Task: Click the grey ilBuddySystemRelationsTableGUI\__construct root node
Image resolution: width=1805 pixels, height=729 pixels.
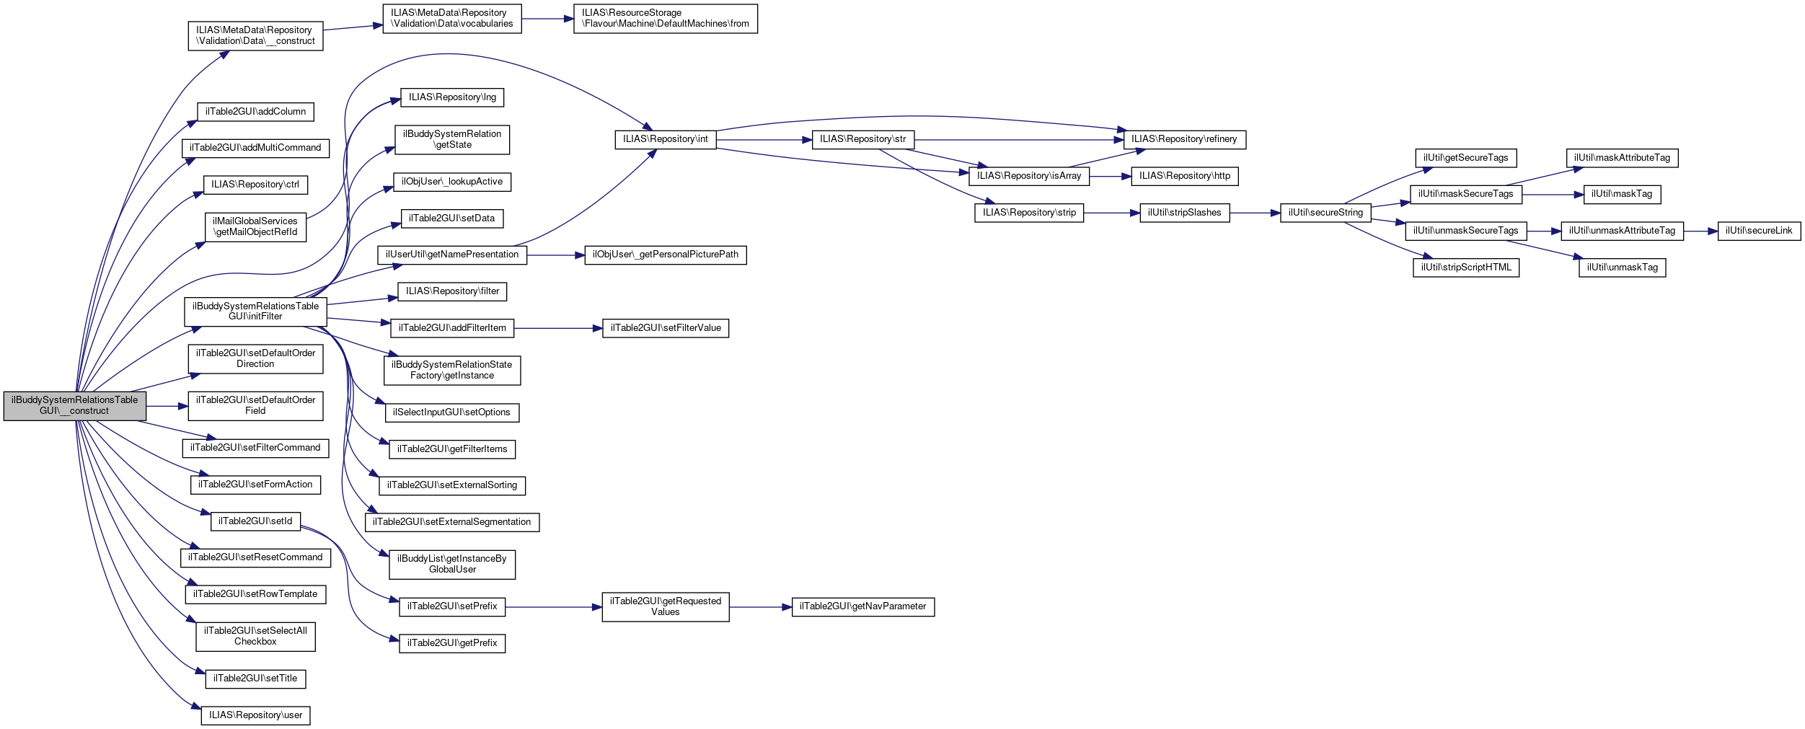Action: coord(75,406)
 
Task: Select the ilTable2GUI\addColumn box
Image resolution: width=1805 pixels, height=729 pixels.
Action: coord(256,112)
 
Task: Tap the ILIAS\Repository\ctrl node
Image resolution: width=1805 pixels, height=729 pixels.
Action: coord(255,185)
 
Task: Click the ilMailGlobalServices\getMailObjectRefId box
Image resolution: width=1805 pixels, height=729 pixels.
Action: coord(255,227)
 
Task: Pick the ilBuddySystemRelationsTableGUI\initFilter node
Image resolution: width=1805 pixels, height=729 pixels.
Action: coord(255,312)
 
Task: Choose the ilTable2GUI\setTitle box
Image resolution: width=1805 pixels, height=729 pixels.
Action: coord(255,679)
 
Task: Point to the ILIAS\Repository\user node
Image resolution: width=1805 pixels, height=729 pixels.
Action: coord(255,715)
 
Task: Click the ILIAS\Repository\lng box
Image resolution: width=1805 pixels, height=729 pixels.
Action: coord(452,97)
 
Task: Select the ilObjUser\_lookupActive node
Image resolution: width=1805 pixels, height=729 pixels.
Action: coord(452,182)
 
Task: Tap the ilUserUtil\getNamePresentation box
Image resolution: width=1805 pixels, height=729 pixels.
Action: coord(452,255)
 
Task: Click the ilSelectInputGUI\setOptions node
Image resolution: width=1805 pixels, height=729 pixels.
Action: coord(452,412)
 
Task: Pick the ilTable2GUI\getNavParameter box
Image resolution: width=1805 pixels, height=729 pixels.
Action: coord(862,607)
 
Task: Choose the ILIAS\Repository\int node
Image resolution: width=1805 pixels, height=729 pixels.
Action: coord(665,139)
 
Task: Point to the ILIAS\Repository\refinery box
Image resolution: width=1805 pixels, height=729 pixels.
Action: coord(1184,139)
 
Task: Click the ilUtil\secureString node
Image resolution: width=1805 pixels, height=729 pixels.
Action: coord(1325,213)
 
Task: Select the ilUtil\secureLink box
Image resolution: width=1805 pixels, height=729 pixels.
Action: coord(1759,231)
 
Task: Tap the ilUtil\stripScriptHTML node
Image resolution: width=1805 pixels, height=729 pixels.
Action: coord(1466,268)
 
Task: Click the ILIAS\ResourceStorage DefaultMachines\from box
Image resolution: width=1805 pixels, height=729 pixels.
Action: coord(665,18)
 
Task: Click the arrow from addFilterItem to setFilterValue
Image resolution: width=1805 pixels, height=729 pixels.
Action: coord(558,329)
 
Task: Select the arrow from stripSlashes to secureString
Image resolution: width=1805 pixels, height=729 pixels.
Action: coord(1255,213)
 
